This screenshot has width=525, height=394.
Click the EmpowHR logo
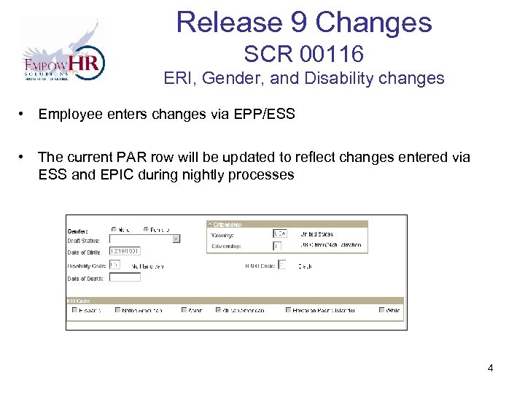click(x=63, y=50)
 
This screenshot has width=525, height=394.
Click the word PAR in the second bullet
click(x=132, y=158)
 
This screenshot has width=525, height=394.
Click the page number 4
click(x=491, y=368)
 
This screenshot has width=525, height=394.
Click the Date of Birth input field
click(x=125, y=251)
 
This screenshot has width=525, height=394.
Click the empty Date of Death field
click(x=125, y=278)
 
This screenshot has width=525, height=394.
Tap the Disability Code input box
click(x=114, y=265)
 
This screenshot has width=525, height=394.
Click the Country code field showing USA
click(x=279, y=233)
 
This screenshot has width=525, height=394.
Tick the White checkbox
click(x=382, y=310)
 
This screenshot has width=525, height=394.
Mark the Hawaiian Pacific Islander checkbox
click(x=289, y=310)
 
